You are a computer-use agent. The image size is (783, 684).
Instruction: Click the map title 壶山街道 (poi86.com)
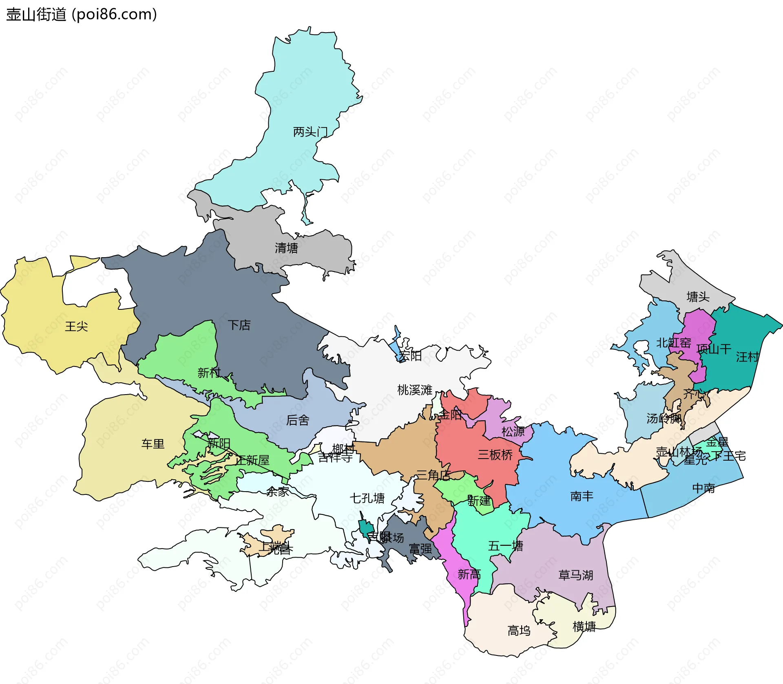(x=82, y=15)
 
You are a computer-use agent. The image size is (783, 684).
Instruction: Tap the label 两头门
(x=310, y=132)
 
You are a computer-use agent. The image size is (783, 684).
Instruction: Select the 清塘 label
(x=286, y=248)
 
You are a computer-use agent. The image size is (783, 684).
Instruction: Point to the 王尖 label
(x=77, y=327)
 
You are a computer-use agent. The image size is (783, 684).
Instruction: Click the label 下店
(x=239, y=325)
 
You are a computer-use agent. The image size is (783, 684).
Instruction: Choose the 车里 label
(x=153, y=444)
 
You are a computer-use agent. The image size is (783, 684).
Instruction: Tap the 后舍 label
(x=298, y=420)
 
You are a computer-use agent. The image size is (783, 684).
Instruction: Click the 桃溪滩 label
(x=415, y=390)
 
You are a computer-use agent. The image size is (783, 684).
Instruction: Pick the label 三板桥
(x=495, y=455)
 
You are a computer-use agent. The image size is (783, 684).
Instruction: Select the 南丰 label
(x=582, y=496)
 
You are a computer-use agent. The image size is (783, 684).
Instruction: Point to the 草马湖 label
(x=575, y=575)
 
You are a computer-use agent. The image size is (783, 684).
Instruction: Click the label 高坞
(x=519, y=631)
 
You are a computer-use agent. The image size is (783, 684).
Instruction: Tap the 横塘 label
(x=584, y=627)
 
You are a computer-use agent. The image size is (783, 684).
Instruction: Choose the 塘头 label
(x=698, y=297)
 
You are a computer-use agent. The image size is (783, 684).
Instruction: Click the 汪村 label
(x=747, y=357)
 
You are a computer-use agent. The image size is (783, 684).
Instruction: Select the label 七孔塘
(x=367, y=498)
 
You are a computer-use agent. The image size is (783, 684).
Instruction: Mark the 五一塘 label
(x=505, y=546)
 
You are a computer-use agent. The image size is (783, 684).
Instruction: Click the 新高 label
(x=469, y=574)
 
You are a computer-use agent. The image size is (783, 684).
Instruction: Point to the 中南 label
(x=703, y=488)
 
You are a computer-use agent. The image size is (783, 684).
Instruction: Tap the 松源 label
(x=513, y=431)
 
